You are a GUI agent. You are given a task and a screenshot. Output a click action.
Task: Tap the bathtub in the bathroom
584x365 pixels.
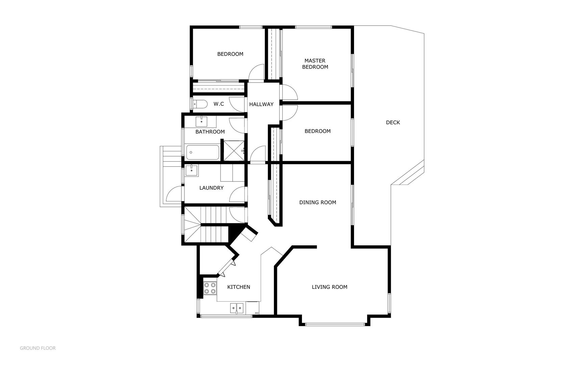click(x=203, y=152)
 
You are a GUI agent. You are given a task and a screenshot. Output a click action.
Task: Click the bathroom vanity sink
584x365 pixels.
click(x=202, y=121)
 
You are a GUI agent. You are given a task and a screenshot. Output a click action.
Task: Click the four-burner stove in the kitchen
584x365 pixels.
click(x=210, y=288)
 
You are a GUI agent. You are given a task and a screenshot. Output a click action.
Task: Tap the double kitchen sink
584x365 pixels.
click(x=237, y=308)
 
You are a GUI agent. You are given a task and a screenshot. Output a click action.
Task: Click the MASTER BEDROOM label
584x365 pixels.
click(x=315, y=64)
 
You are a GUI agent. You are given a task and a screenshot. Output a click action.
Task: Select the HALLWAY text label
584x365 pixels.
click(x=261, y=104)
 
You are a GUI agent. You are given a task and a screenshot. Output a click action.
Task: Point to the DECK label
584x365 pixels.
click(x=393, y=123)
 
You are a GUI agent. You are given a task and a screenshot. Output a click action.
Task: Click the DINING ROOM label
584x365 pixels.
click(x=318, y=202)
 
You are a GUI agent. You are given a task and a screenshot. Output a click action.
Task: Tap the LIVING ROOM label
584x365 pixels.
click(x=329, y=287)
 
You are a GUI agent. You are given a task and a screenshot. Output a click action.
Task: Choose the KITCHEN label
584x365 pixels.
click(x=238, y=287)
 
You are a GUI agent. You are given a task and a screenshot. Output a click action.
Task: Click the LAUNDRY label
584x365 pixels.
click(x=211, y=188)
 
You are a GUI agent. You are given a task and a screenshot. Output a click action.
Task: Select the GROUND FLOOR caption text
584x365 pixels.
click(x=38, y=348)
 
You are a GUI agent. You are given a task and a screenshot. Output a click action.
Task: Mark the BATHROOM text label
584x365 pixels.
click(x=210, y=132)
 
